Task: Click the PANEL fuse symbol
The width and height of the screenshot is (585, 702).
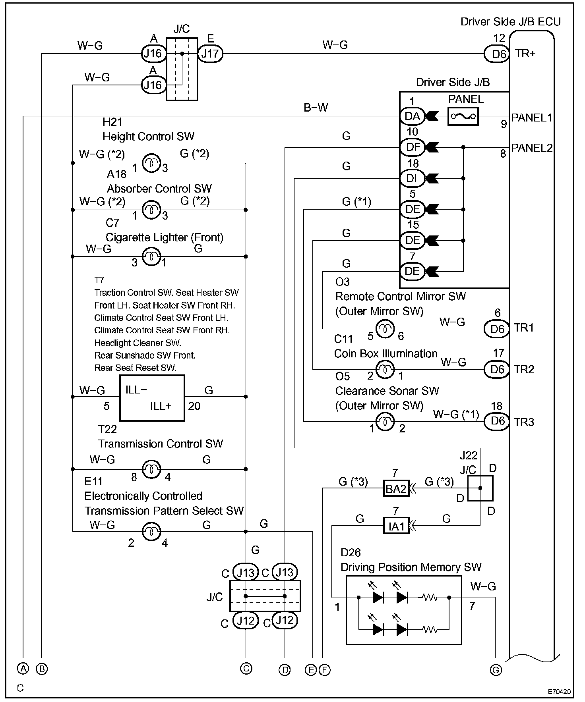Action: [x=463, y=116]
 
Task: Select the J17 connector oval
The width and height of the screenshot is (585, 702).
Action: [x=211, y=53]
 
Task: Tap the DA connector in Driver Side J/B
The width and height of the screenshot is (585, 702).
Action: [x=412, y=116]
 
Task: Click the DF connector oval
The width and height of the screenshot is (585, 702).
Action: [x=412, y=147]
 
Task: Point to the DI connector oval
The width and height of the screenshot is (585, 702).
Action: [x=412, y=178]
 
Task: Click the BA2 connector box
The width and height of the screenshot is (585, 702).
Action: [x=396, y=488]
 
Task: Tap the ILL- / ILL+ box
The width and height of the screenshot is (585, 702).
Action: [x=152, y=398]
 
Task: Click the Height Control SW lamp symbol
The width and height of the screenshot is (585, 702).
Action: [x=151, y=163]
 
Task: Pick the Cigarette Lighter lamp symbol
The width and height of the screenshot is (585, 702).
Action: [x=151, y=256]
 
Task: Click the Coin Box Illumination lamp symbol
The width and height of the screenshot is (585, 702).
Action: [x=385, y=370]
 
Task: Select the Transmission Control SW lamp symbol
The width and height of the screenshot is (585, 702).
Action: [x=151, y=469]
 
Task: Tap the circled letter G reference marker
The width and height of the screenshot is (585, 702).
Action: [x=496, y=670]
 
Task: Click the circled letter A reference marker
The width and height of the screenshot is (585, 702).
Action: [x=23, y=669]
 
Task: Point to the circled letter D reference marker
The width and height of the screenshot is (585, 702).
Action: [x=285, y=670]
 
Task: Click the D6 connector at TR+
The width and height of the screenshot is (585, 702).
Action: [x=497, y=53]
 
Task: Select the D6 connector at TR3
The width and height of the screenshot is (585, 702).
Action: [x=497, y=421]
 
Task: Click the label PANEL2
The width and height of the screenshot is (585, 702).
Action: [x=532, y=148]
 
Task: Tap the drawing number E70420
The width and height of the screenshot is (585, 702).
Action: [x=560, y=692]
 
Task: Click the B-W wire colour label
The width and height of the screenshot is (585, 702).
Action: [x=316, y=108]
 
